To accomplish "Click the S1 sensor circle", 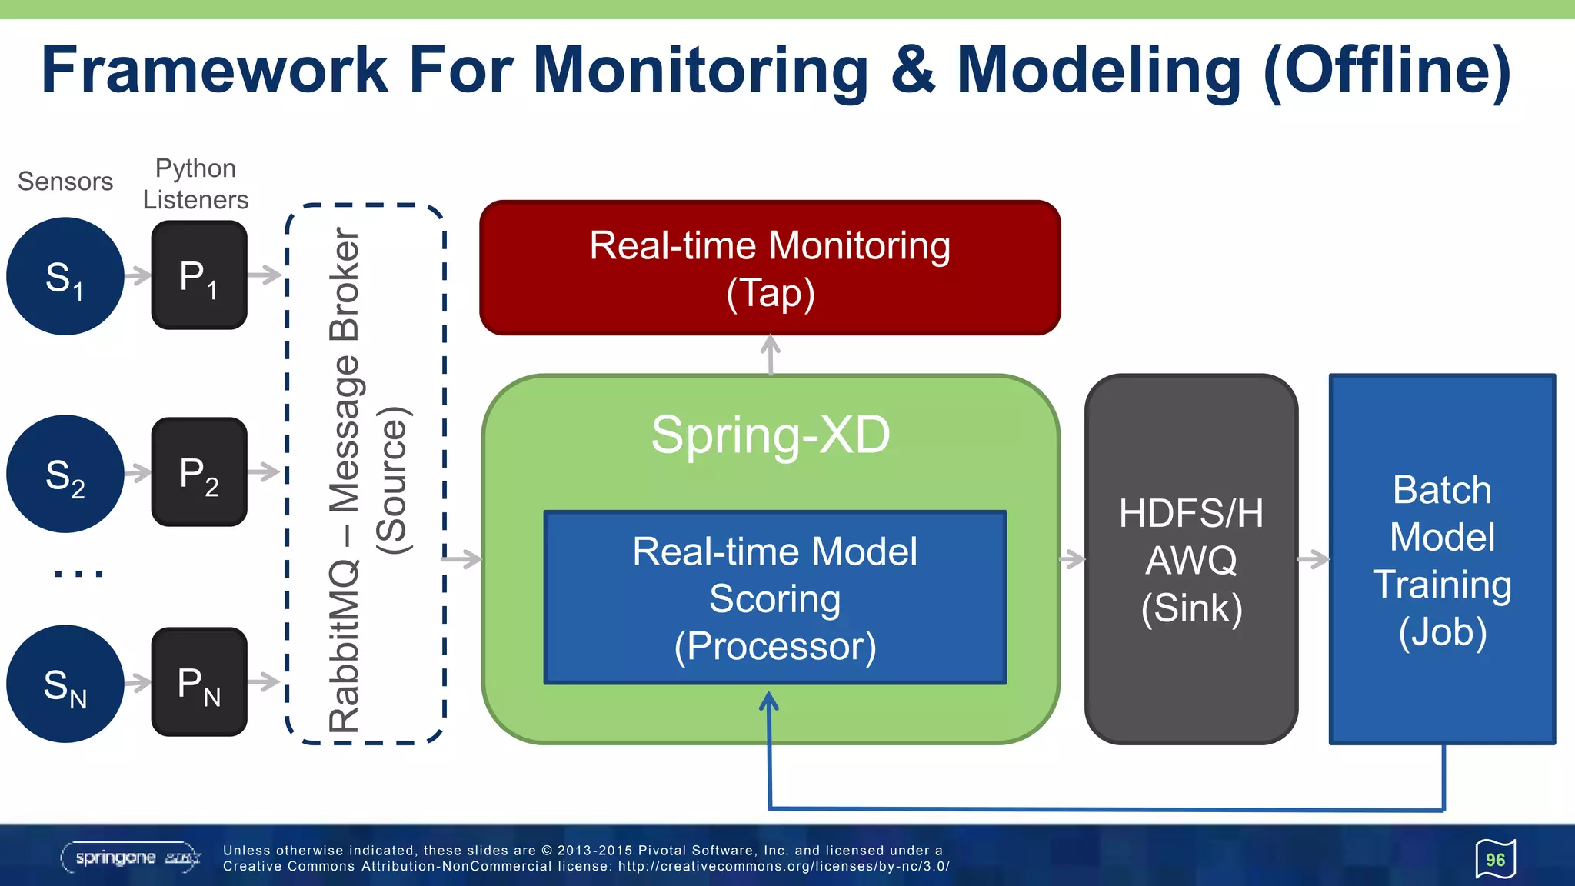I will click(65, 276).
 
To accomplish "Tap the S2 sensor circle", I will click(65, 474).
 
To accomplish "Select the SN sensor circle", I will click(65, 684).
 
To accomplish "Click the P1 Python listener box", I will click(199, 275).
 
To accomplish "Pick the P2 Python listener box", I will click(199, 472).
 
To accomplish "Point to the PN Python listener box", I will click(199, 682).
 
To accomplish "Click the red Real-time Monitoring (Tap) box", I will click(770, 268).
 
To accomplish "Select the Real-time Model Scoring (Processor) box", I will click(774, 598).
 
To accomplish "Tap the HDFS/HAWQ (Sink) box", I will click(1191, 559).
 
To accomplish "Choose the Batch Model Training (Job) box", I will click(1442, 559).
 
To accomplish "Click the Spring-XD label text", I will click(770, 435).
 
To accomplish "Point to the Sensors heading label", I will click(65, 182).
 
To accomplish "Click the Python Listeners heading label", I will click(195, 184).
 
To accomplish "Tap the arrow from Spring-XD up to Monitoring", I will click(771, 355).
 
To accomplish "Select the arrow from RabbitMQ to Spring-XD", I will click(462, 559).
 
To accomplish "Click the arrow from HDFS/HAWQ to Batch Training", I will click(1314, 559).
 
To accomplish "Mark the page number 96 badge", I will click(1495, 859).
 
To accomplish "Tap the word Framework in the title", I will click(215, 70).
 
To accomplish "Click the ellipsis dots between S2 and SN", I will click(78, 574).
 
